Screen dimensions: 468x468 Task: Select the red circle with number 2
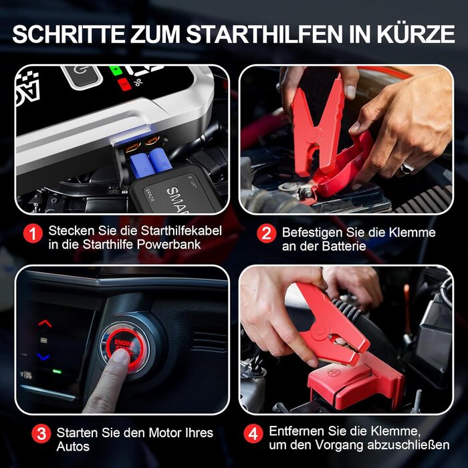265,233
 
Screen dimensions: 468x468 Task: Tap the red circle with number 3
41,433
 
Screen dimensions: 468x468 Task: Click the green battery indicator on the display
116,69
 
